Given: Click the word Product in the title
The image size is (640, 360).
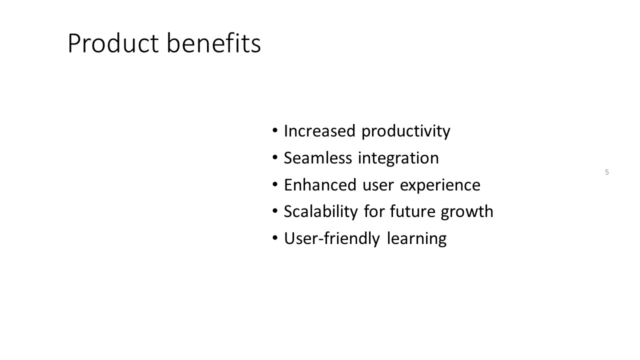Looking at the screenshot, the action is [x=113, y=43].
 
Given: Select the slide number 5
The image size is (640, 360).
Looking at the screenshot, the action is [x=607, y=172].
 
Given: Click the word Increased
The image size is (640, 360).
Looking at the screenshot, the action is [x=319, y=131].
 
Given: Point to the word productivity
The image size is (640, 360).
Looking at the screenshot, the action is [x=406, y=131].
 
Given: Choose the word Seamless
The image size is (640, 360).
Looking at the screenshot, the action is [x=317, y=157].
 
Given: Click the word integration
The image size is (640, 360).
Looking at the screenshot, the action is [x=398, y=158].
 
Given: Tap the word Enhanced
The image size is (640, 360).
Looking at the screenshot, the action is [x=320, y=184].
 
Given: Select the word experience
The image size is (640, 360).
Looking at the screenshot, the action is [x=440, y=185].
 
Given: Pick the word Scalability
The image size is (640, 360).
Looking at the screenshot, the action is [x=320, y=212].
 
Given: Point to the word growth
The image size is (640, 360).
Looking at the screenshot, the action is [x=467, y=212].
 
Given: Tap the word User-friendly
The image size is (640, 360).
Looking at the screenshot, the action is [x=332, y=239].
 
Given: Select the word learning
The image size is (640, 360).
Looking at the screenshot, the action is [x=417, y=239].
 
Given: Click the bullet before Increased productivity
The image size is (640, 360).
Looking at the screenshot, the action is [x=275, y=131].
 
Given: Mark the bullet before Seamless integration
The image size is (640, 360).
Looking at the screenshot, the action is [x=275, y=157].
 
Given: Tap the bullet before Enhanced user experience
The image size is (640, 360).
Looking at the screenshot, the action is [x=275, y=184].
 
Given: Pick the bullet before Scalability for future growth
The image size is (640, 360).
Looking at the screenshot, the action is [x=275, y=211].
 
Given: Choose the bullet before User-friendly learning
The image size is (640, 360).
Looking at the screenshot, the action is [x=275, y=238].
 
